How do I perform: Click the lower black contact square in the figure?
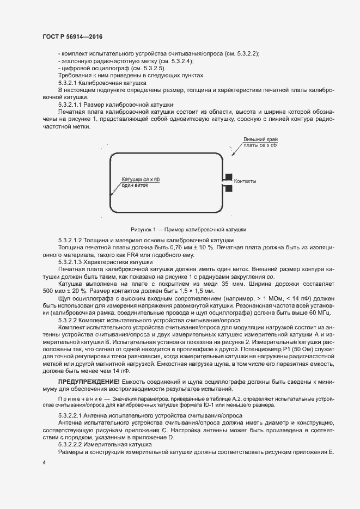(x=229, y=188)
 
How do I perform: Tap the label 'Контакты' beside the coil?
(x=245, y=181)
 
